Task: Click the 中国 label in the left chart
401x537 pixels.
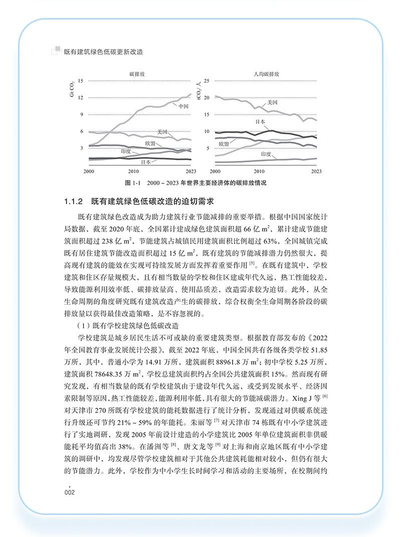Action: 183,106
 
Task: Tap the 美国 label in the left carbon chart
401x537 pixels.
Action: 161,132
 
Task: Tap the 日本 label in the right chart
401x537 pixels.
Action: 260,122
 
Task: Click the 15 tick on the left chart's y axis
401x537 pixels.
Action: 81,80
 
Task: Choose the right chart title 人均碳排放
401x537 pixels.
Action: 266,73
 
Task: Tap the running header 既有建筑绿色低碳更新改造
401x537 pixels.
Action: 103,51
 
